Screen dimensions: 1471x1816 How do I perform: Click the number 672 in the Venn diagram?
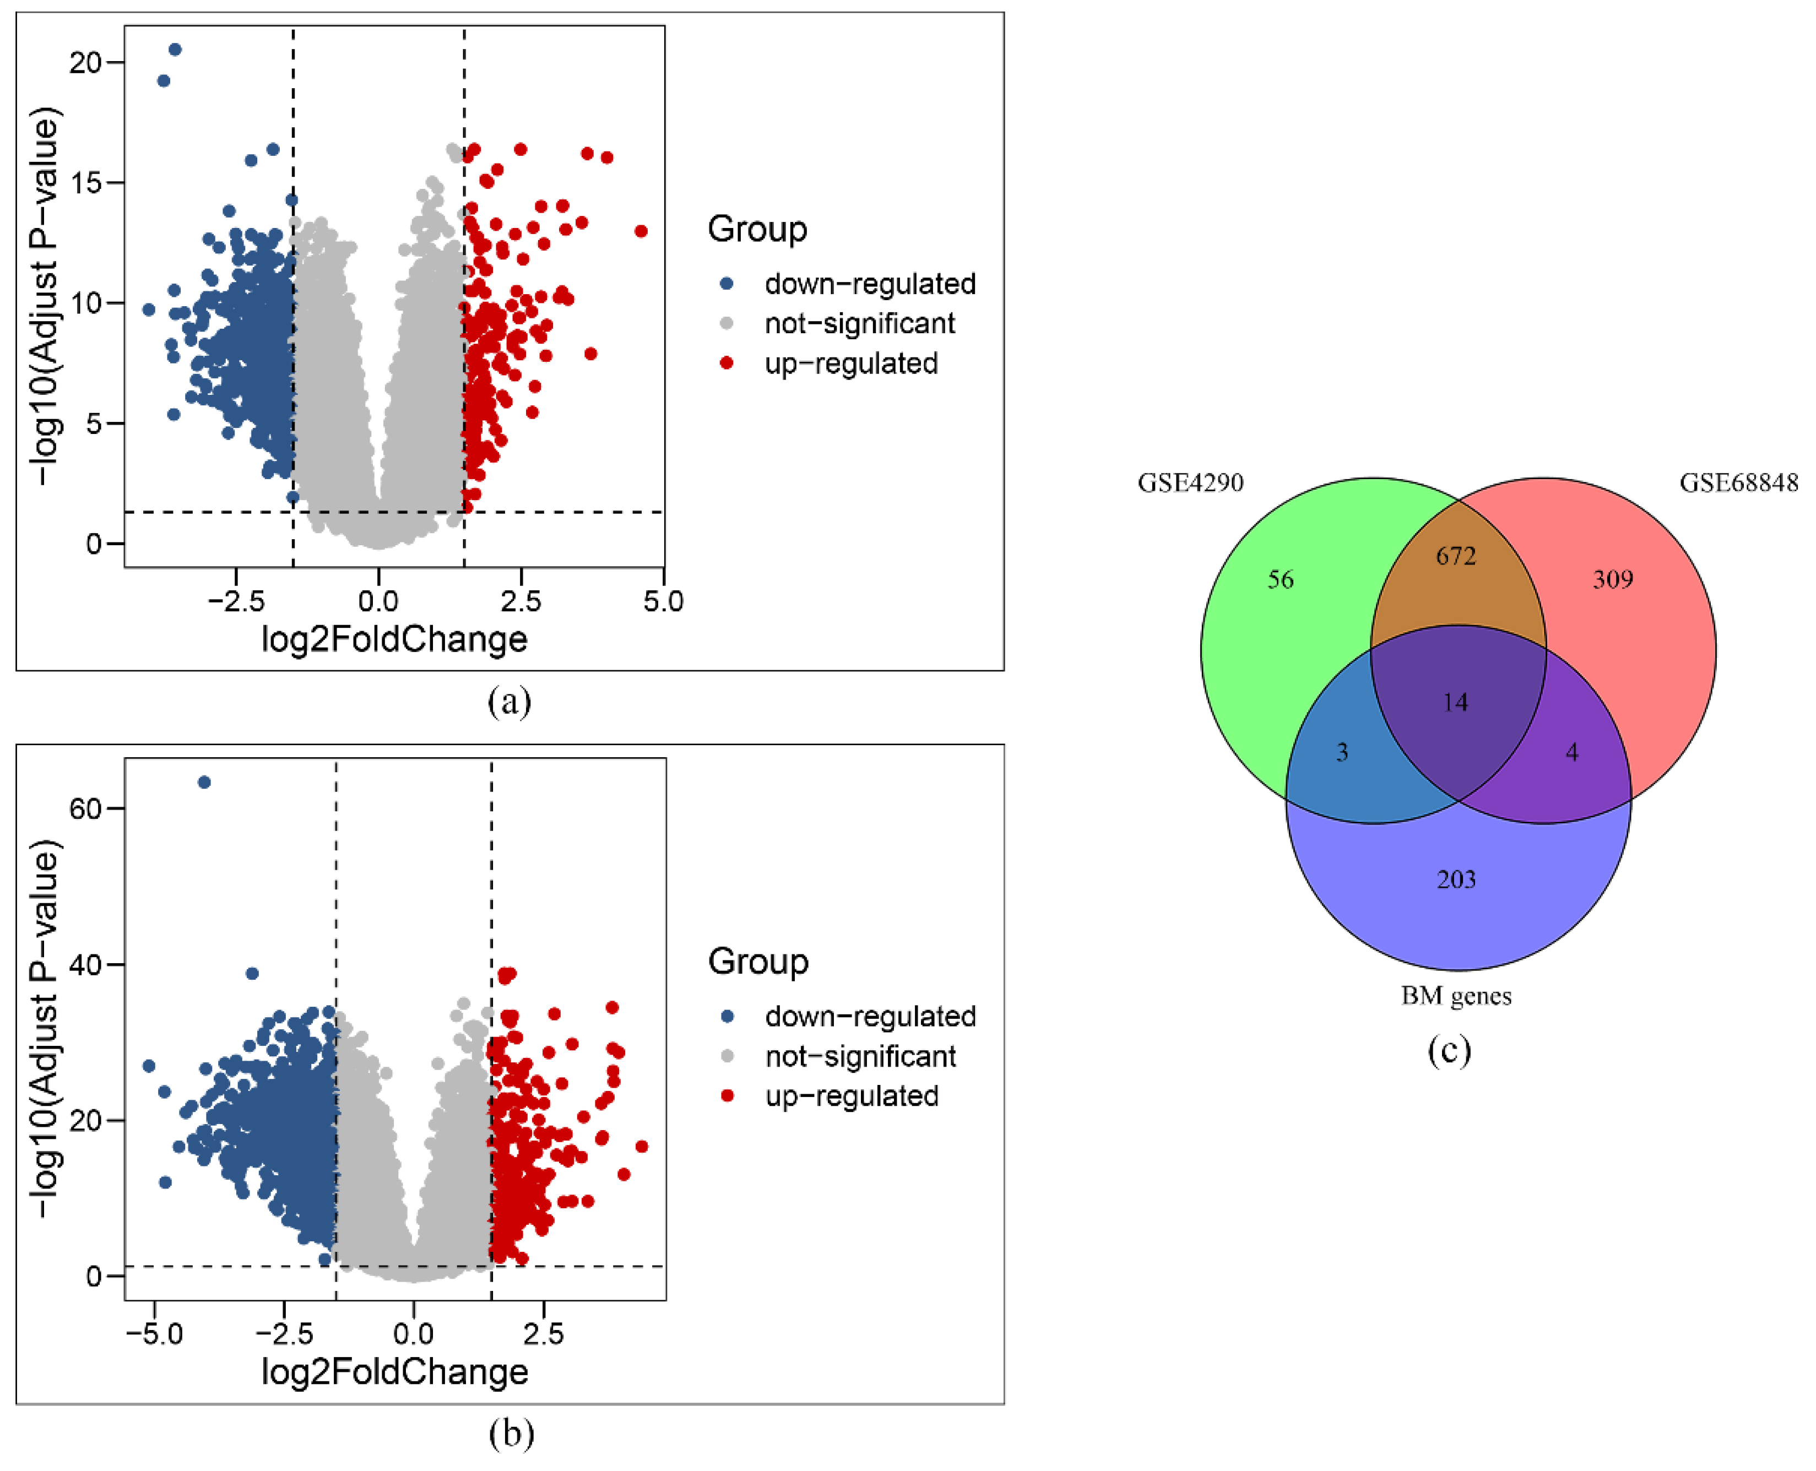[1455, 556]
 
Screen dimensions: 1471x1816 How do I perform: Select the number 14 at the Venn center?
[1455, 702]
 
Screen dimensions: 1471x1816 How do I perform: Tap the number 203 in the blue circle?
[1456, 880]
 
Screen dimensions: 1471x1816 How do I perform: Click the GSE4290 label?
[1190, 483]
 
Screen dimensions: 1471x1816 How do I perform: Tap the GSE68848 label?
[1738, 483]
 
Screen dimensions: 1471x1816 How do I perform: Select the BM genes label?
[1456, 996]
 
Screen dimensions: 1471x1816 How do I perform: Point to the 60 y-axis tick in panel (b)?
[85, 808]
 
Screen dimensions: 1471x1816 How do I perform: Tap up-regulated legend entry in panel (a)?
[851, 363]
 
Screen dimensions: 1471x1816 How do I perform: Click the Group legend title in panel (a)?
[757, 230]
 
